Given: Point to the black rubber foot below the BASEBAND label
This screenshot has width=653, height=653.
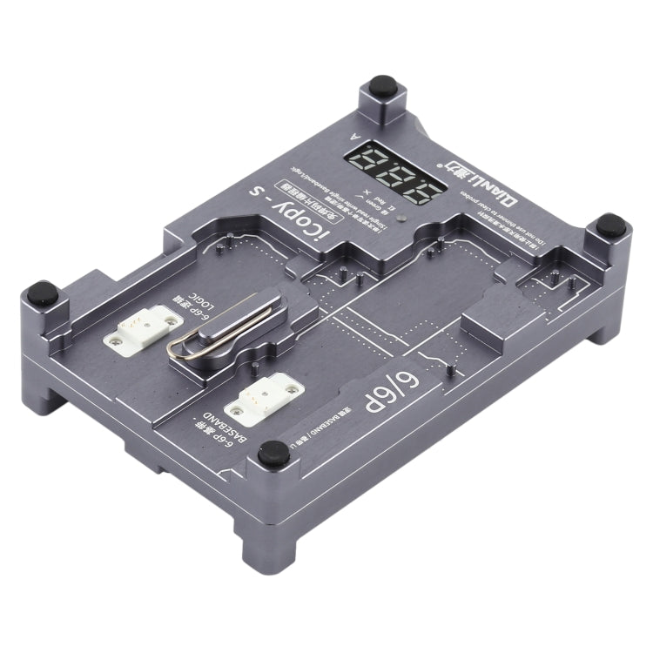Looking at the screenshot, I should [x=275, y=450].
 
